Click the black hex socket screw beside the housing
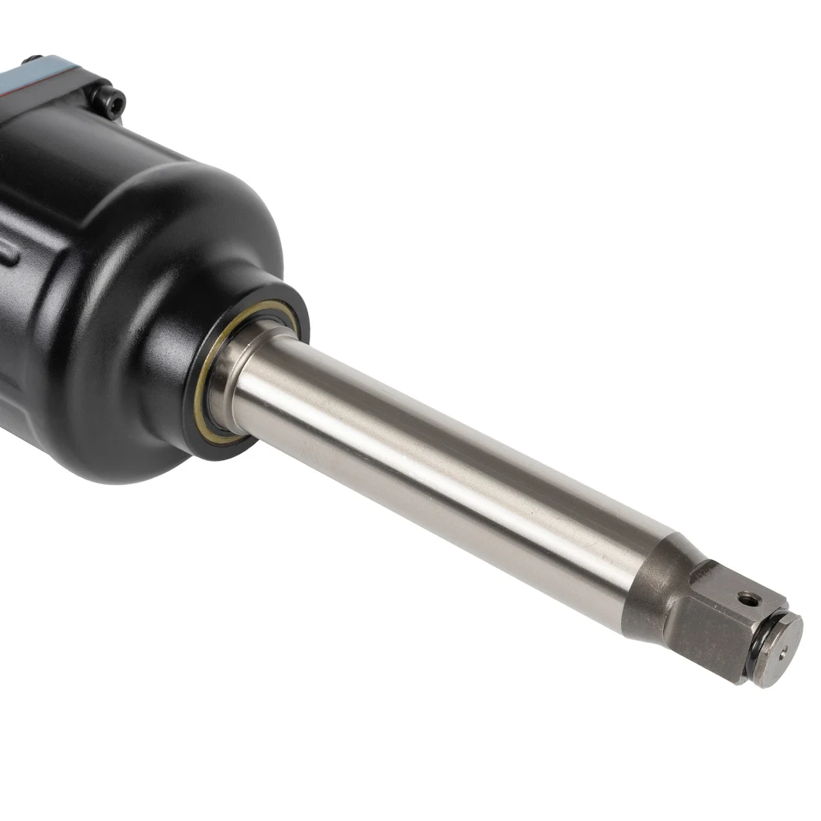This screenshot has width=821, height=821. click(106, 101)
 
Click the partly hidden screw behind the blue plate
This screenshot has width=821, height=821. click(32, 59)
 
